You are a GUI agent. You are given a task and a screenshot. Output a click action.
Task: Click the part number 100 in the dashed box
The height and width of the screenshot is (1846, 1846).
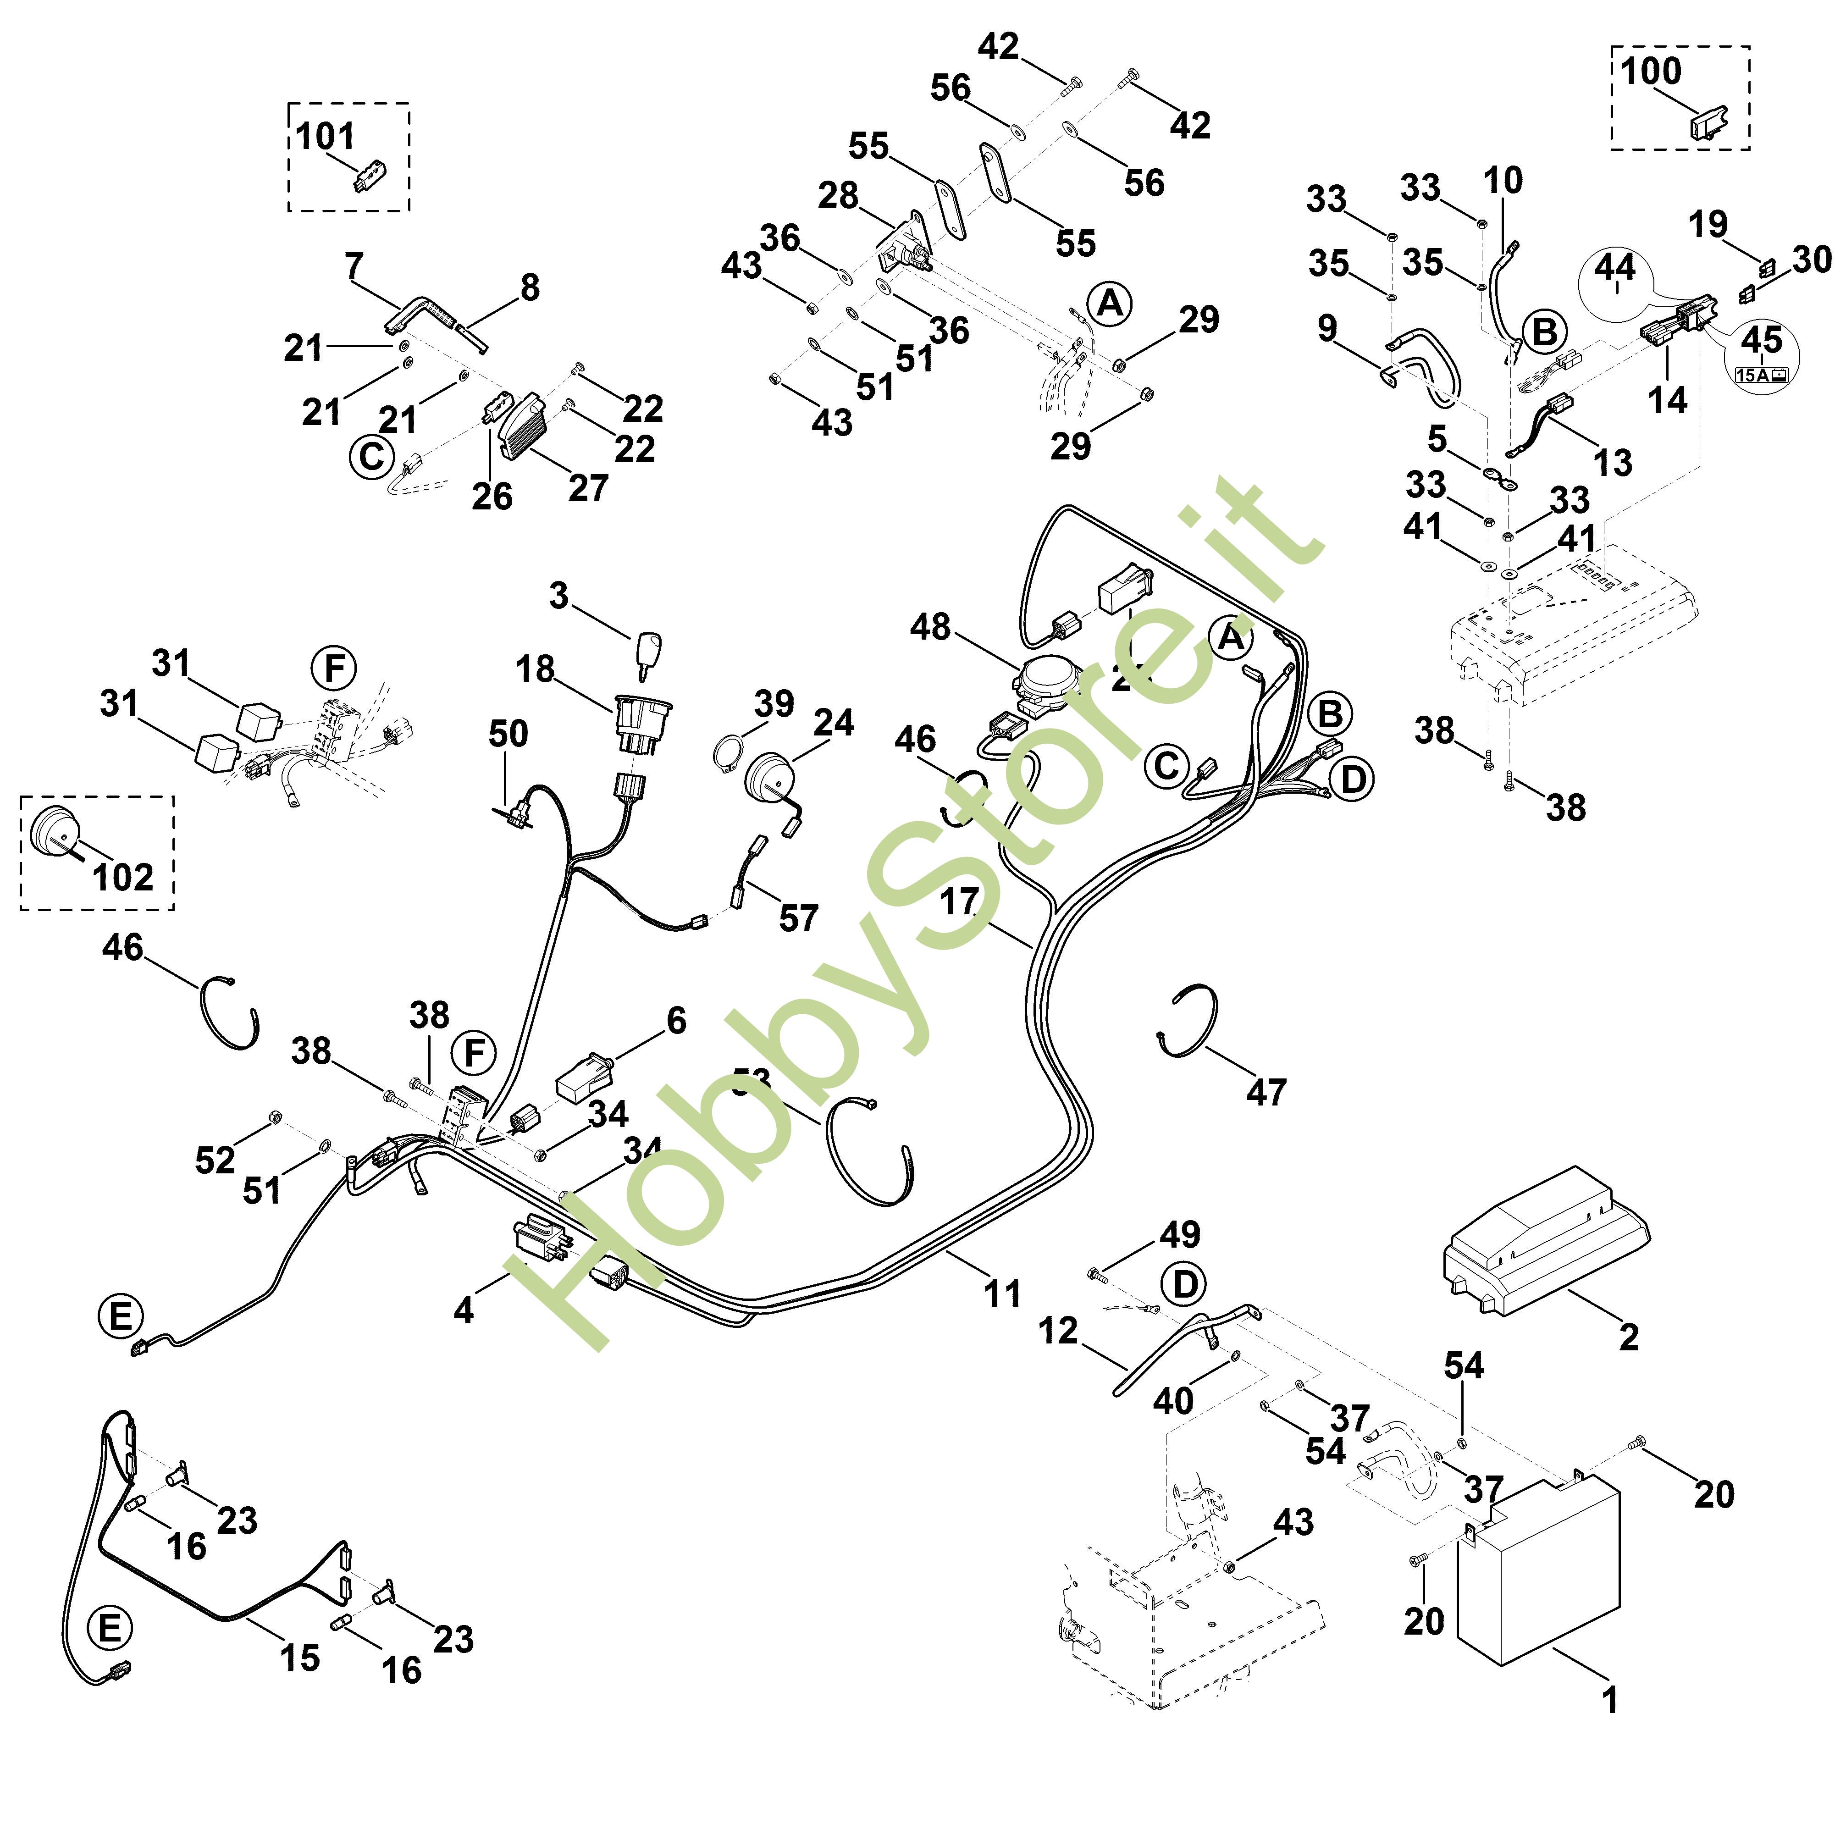[1650, 72]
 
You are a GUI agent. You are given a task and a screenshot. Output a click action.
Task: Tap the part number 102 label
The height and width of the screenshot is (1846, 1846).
[122, 876]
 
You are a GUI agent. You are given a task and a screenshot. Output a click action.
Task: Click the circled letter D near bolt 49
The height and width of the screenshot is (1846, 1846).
[1185, 1284]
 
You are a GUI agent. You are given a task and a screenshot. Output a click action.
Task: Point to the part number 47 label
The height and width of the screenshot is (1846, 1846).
[1266, 1092]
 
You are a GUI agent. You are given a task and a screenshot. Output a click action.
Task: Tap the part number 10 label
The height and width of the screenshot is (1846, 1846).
[1503, 180]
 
